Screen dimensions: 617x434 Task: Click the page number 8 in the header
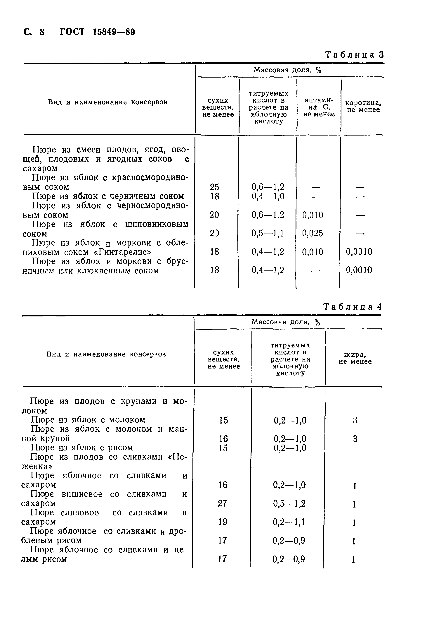pos(42,32)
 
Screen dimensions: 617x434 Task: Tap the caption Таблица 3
pos(354,55)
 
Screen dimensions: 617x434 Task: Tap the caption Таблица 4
pos(352,307)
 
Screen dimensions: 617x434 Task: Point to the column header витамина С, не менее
pos(319,107)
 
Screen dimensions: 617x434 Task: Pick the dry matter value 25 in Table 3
pos(214,187)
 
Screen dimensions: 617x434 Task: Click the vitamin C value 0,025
pos(313,233)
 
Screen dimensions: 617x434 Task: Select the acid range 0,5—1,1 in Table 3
pos(268,233)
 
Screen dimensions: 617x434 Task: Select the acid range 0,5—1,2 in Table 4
pos(289,503)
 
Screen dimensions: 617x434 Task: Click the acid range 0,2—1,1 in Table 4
pos(289,522)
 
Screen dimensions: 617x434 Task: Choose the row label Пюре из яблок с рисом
pos(82,448)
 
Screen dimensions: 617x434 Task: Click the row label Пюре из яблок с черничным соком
pos(108,196)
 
